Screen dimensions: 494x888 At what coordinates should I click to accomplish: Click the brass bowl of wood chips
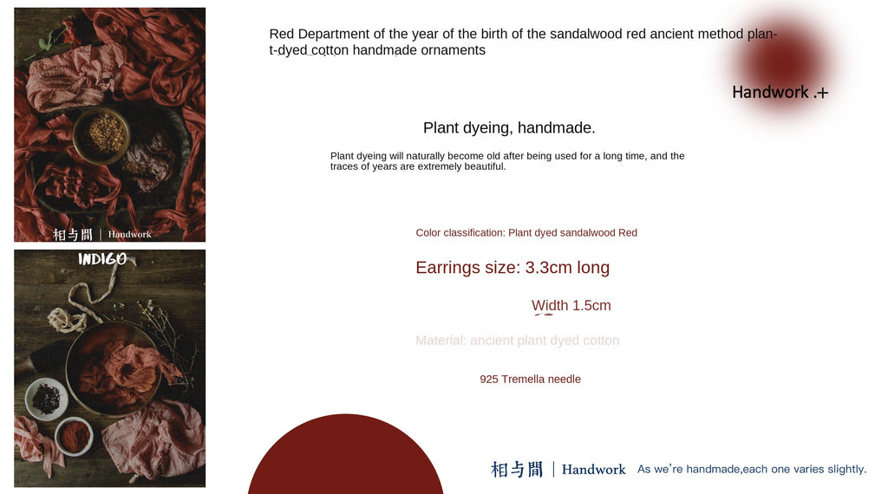click(102, 134)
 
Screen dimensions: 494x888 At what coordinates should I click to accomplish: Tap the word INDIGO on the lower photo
click(102, 259)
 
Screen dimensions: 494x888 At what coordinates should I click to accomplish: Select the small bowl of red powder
click(74, 436)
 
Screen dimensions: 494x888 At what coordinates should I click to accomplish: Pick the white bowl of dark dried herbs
click(46, 399)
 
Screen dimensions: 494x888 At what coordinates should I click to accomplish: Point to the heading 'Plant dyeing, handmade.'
click(509, 128)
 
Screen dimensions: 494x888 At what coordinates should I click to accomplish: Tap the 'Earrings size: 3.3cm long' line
click(513, 268)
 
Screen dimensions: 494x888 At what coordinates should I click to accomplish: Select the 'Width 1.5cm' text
click(571, 305)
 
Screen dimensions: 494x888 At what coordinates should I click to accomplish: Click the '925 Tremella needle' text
click(530, 380)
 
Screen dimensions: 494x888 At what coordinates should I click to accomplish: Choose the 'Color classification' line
click(526, 232)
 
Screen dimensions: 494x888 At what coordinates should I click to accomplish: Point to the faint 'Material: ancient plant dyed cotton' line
click(517, 341)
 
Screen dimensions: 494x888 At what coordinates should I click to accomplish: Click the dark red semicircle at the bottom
click(345, 459)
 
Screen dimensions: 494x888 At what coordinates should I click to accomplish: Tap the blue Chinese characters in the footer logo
click(517, 470)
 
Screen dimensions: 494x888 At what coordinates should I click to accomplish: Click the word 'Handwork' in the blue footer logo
click(593, 470)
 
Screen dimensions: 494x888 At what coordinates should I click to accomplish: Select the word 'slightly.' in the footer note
click(846, 470)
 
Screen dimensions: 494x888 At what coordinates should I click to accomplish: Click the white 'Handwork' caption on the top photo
click(129, 235)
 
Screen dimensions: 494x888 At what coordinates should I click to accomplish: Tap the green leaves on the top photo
click(54, 39)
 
